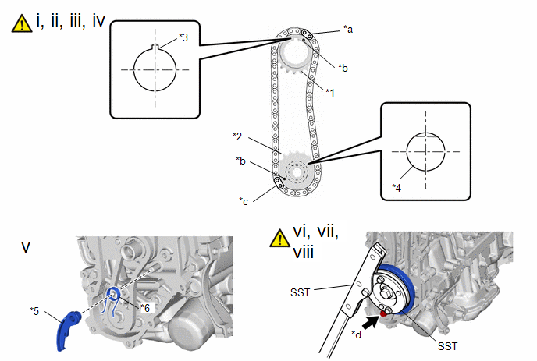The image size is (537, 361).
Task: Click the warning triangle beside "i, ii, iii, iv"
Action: click(22, 24)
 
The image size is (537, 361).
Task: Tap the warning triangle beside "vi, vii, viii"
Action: click(279, 238)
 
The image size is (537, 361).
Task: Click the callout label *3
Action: click(183, 37)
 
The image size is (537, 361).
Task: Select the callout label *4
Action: click(397, 187)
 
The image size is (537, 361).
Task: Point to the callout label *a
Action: click(348, 30)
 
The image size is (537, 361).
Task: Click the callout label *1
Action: click(330, 92)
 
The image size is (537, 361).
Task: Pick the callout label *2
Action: click(237, 137)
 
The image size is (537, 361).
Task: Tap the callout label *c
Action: click(244, 201)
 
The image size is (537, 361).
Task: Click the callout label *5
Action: click(34, 311)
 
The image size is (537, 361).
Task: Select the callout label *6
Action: click(145, 308)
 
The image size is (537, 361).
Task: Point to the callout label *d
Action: click(356, 334)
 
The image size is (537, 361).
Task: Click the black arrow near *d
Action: click(371, 322)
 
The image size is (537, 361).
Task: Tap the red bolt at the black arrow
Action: click(383, 313)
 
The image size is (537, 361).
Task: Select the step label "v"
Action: click(26, 247)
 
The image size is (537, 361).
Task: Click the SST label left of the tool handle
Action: click(300, 293)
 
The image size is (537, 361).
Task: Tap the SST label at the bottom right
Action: click(447, 346)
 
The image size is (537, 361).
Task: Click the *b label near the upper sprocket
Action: click(343, 68)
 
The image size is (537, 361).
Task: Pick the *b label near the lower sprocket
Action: click(240, 161)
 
